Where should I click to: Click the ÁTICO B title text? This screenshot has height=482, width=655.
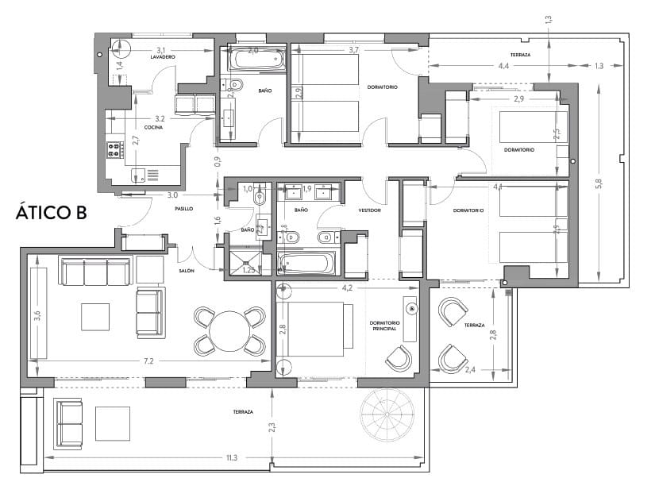click(51, 214)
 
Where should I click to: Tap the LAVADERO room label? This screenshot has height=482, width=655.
click(162, 58)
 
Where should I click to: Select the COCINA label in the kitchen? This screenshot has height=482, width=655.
click(153, 127)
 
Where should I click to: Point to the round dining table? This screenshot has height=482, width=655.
click(229, 330)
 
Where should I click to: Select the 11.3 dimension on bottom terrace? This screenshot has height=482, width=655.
click(232, 458)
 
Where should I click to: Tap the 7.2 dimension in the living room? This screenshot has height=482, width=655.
click(148, 361)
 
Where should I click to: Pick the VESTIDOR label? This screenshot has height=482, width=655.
click(369, 210)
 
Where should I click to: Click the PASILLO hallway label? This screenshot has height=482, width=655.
click(184, 209)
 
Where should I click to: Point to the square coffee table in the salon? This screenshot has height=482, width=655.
click(96, 317)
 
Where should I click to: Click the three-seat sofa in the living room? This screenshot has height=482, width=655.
click(94, 272)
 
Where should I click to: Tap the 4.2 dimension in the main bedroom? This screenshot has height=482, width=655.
click(347, 288)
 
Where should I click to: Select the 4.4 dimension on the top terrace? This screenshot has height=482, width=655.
click(503, 66)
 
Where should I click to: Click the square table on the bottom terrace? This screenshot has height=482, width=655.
click(112, 423)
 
